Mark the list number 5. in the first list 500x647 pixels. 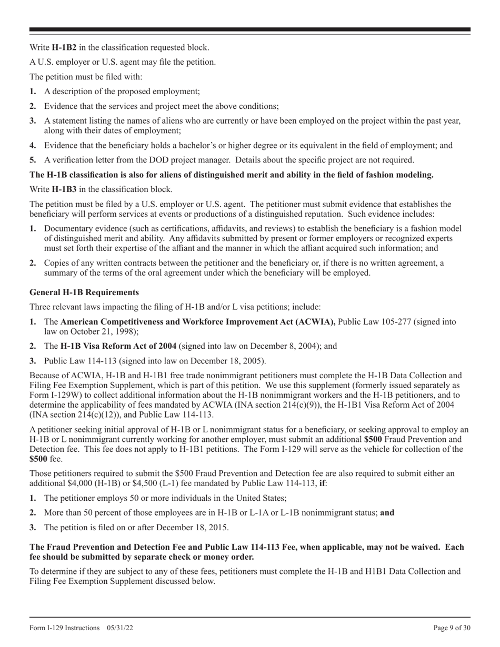(33, 160)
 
